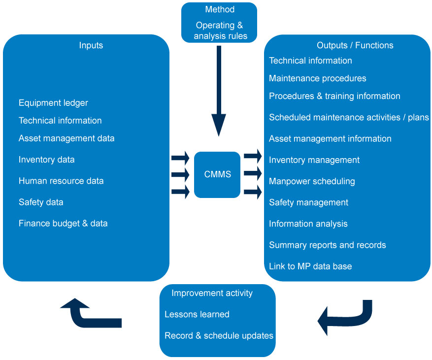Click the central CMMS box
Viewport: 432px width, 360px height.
(217, 175)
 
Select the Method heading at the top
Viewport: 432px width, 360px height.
(220, 9)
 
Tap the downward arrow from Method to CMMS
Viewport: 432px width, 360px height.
(219, 91)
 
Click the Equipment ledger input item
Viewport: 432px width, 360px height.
(53, 103)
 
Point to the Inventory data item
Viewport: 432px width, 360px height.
(47, 160)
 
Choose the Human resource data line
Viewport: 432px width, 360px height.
(61, 181)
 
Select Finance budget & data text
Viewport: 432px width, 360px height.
(63, 224)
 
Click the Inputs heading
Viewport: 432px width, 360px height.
(91, 45)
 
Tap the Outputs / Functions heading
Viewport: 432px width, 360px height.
(355, 45)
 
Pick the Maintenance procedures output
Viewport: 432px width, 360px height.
(317, 78)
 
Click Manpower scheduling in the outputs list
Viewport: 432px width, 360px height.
(312, 181)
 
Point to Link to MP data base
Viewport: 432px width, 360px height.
(310, 266)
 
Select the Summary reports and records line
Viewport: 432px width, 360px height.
(327, 245)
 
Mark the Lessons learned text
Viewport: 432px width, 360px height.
(197, 314)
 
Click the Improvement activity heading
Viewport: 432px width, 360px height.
(212, 293)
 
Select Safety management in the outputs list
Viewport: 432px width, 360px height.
(308, 203)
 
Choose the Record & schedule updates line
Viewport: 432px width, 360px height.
(219, 336)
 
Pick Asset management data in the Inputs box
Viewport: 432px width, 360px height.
(66, 138)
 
